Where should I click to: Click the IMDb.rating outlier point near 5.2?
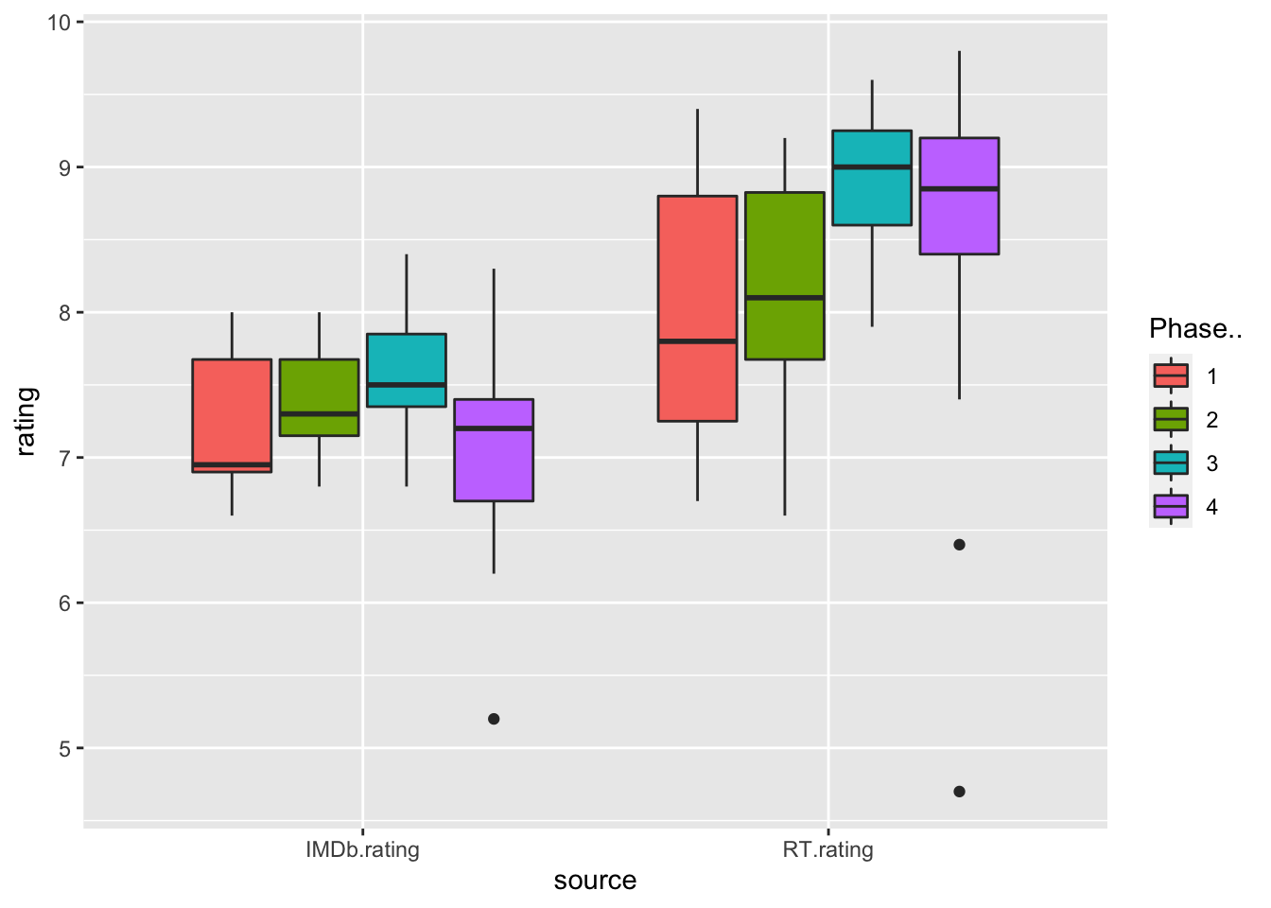point(494,719)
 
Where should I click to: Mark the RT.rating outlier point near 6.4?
point(959,545)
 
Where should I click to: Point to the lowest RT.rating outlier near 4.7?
point(959,792)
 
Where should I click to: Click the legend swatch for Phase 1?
point(1171,375)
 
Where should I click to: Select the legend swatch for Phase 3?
point(1171,463)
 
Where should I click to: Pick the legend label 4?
point(1212,507)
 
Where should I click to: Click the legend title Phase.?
point(1194,329)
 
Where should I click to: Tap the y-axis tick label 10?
point(59,22)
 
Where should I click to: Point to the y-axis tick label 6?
point(64,603)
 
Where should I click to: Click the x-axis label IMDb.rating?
point(362,849)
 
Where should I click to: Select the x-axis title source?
point(595,881)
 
